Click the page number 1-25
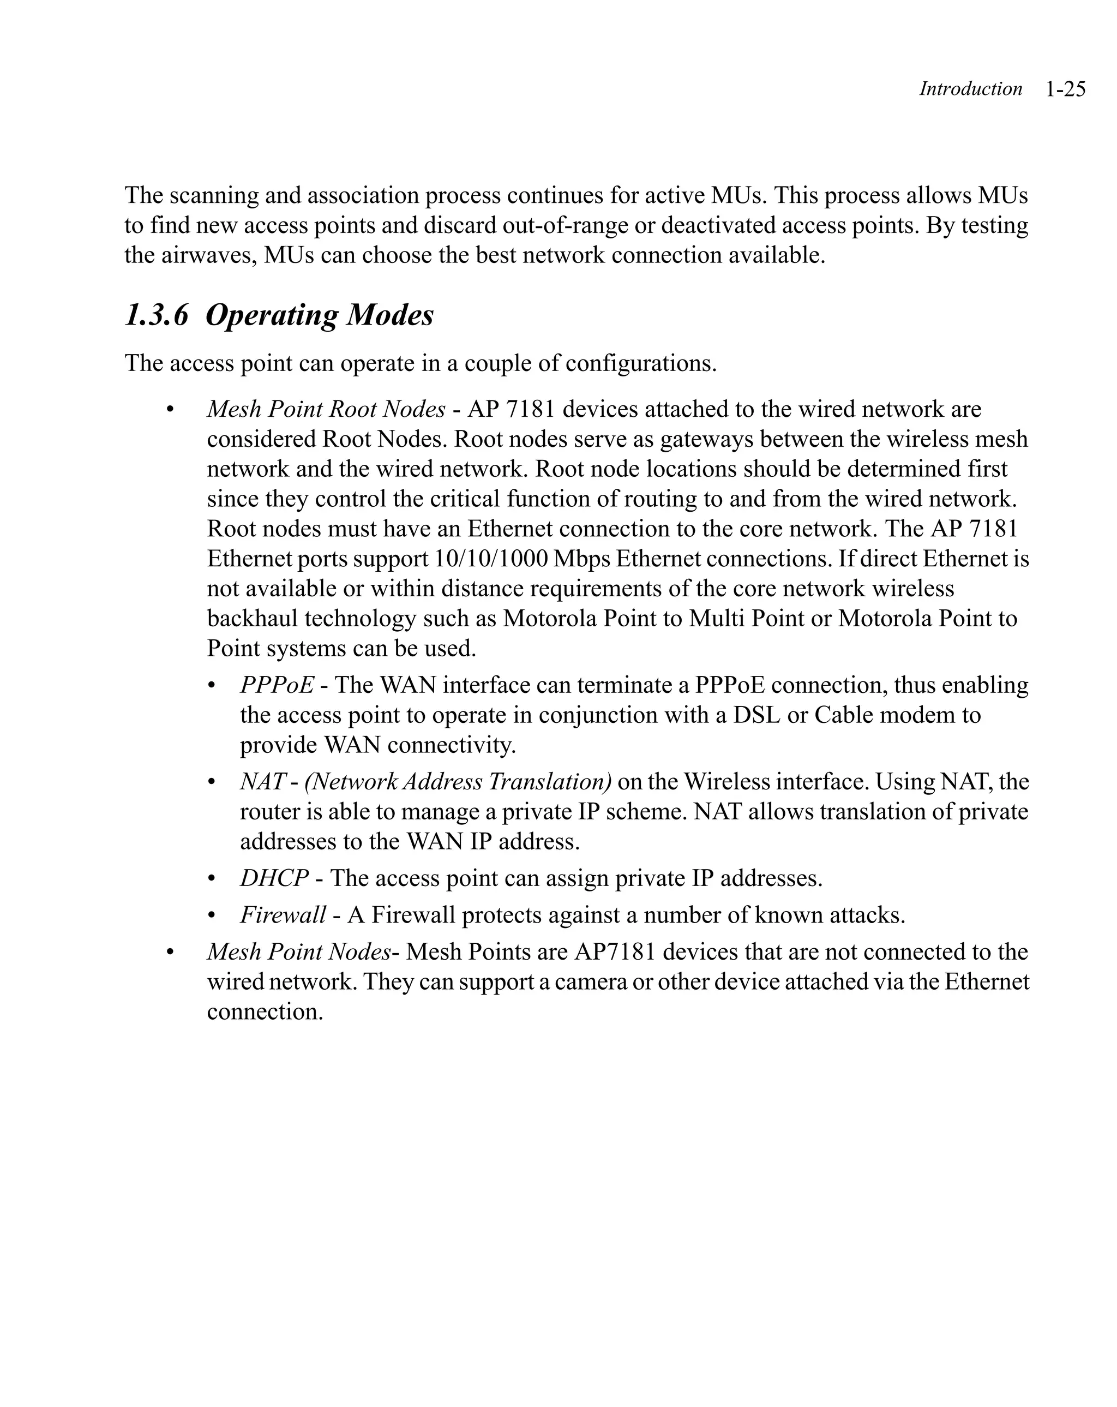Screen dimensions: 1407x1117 (1065, 89)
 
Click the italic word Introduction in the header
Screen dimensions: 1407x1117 (970, 89)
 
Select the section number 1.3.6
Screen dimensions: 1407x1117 (157, 315)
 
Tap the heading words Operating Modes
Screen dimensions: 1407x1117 (319, 315)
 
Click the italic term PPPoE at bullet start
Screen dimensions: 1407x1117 (277, 685)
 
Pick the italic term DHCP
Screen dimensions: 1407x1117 (274, 878)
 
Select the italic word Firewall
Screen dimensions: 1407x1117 (283, 915)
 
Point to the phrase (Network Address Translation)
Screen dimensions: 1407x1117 (458, 781)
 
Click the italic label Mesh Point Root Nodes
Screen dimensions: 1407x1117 (326, 409)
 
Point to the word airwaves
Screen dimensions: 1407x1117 (207, 255)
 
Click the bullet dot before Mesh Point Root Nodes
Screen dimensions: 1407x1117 (170, 410)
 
